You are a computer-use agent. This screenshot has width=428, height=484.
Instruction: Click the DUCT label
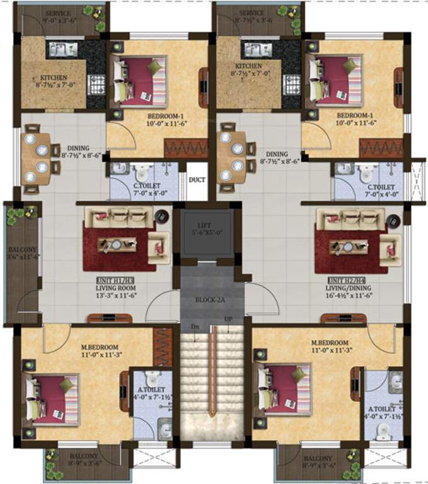tap(197, 179)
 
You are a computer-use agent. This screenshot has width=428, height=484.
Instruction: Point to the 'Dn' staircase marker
tap(196, 326)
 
